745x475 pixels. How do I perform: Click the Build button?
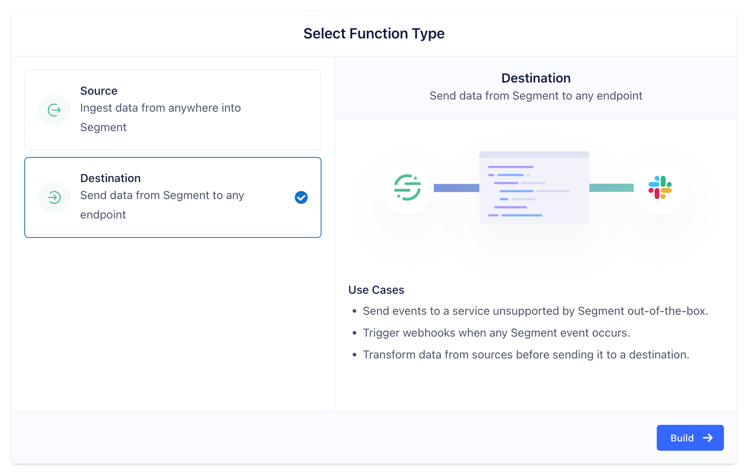click(x=690, y=438)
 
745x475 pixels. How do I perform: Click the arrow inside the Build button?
click(x=708, y=438)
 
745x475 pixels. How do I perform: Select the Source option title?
click(x=99, y=91)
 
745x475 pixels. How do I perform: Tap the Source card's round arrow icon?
click(x=54, y=110)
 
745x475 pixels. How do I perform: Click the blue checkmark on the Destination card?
click(x=301, y=197)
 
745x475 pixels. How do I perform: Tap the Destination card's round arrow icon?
click(x=54, y=197)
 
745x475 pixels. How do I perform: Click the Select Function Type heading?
click(x=374, y=34)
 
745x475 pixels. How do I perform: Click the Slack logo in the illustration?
click(x=660, y=187)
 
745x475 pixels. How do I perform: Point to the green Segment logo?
click(x=407, y=187)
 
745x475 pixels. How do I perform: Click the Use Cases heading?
click(x=376, y=290)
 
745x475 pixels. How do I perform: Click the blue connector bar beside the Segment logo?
click(x=456, y=188)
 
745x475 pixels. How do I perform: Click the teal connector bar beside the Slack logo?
click(x=611, y=188)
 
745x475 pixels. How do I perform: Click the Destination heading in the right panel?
click(x=536, y=78)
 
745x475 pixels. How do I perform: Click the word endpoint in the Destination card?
click(x=103, y=215)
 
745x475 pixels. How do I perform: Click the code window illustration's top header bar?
click(x=534, y=155)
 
